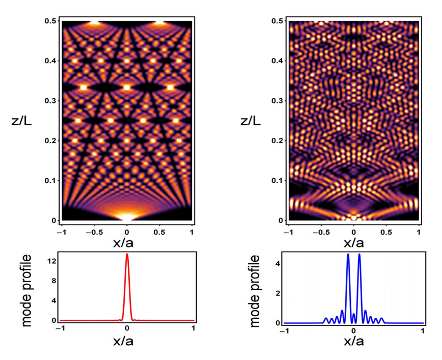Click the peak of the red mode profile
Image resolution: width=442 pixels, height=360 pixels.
[127, 254]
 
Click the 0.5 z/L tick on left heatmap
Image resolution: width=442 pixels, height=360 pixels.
[51, 21]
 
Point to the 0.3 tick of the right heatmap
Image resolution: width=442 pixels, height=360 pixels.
[278, 101]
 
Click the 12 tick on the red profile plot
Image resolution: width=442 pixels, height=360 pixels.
[52, 258]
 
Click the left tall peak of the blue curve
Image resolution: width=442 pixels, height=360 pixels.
[348, 254]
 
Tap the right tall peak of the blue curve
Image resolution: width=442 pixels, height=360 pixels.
[360, 254]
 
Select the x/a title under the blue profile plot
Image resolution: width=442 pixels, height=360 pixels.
[353, 342]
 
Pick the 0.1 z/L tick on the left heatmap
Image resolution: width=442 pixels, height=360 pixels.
[51, 180]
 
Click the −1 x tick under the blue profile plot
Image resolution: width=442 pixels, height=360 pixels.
[283, 331]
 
